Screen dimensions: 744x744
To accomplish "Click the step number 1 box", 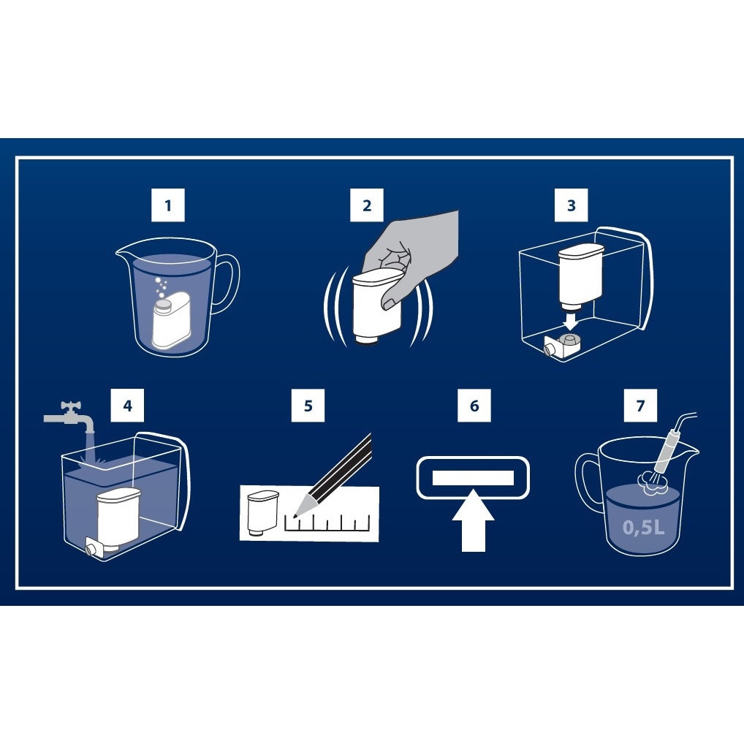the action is point(168,205).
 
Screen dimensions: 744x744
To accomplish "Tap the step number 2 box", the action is point(367,205).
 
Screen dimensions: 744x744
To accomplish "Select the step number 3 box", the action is point(572,205).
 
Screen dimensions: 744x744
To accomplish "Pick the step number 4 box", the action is point(127,405).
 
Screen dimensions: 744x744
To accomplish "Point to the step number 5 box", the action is point(308,405).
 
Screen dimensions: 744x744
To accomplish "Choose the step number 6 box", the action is point(474,405).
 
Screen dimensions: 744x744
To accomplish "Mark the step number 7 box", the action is point(640,405).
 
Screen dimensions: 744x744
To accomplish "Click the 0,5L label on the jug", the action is point(643,527).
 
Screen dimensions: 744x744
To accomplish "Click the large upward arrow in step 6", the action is point(474,521).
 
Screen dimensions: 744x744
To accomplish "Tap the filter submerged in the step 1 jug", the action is point(171,320).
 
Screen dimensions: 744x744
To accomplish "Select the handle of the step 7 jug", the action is point(588,479).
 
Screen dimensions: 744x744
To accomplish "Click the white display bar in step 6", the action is point(473,478).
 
